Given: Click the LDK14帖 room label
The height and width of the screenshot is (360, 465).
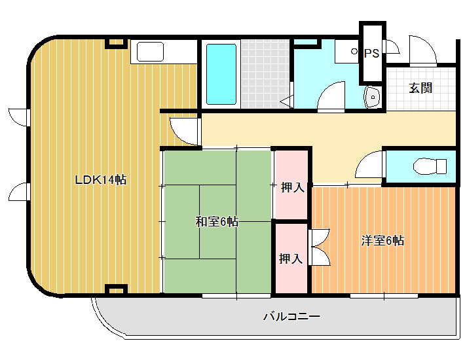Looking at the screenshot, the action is pyautogui.click(x=101, y=180).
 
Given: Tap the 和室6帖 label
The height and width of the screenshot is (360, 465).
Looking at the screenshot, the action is pyautogui.click(x=217, y=221).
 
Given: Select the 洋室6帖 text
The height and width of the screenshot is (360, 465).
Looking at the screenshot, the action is pyautogui.click(x=382, y=241).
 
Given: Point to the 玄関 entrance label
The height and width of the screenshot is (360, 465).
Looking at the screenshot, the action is pyautogui.click(x=420, y=88).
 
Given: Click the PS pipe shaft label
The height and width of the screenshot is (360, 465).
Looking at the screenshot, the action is pyautogui.click(x=371, y=53).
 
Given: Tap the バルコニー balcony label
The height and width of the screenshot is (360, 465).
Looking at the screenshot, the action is pyautogui.click(x=292, y=316).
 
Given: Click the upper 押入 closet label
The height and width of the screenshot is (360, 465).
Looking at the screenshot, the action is pyautogui.click(x=292, y=187).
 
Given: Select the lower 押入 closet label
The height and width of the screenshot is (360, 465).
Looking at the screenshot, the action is pyautogui.click(x=291, y=259).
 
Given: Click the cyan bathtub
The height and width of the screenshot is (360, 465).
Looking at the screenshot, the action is pyautogui.click(x=221, y=75).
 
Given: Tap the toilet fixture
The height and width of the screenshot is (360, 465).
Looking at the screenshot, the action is pyautogui.click(x=430, y=166).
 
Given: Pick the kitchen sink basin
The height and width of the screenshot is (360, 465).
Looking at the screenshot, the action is pyautogui.click(x=150, y=52).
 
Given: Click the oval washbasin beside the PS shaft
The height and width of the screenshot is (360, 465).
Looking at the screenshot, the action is pyautogui.click(x=372, y=97).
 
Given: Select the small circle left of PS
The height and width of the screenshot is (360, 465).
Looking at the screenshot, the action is pyautogui.click(x=354, y=51).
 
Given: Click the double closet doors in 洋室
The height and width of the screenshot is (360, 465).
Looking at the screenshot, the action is pyautogui.click(x=319, y=247).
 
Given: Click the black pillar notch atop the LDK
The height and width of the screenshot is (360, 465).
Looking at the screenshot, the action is pyautogui.click(x=117, y=43).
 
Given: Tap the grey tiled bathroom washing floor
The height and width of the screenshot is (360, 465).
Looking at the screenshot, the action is pyautogui.click(x=265, y=74).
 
